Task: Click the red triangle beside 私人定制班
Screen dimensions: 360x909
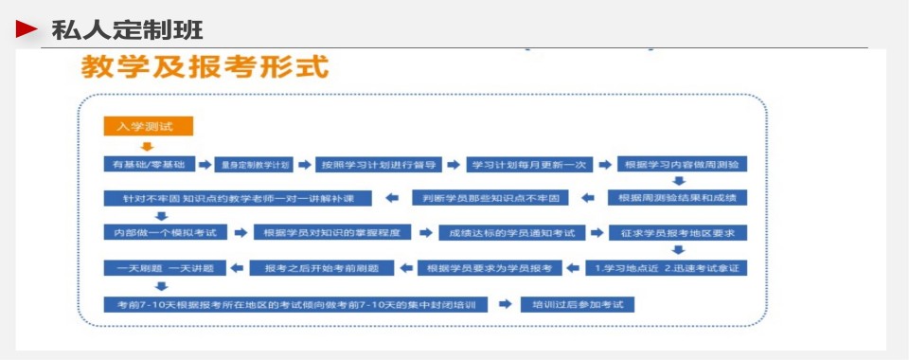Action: coord(27,29)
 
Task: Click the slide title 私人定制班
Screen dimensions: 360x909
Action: coord(127,30)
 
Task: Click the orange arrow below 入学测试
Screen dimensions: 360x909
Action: coord(147,146)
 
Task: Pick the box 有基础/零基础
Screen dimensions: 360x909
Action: coord(149,164)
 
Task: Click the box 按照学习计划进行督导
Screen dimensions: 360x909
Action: coord(378,164)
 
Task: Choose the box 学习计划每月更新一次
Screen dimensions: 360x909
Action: coord(529,164)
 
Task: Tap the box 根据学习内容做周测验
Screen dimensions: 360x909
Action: coord(682,164)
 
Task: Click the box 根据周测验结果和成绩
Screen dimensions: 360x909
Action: coord(676,198)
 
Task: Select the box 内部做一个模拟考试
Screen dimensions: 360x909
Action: coord(160,232)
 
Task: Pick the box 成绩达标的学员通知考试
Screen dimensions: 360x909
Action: coord(511,232)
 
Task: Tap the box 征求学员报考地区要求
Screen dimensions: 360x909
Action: coord(678,232)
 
